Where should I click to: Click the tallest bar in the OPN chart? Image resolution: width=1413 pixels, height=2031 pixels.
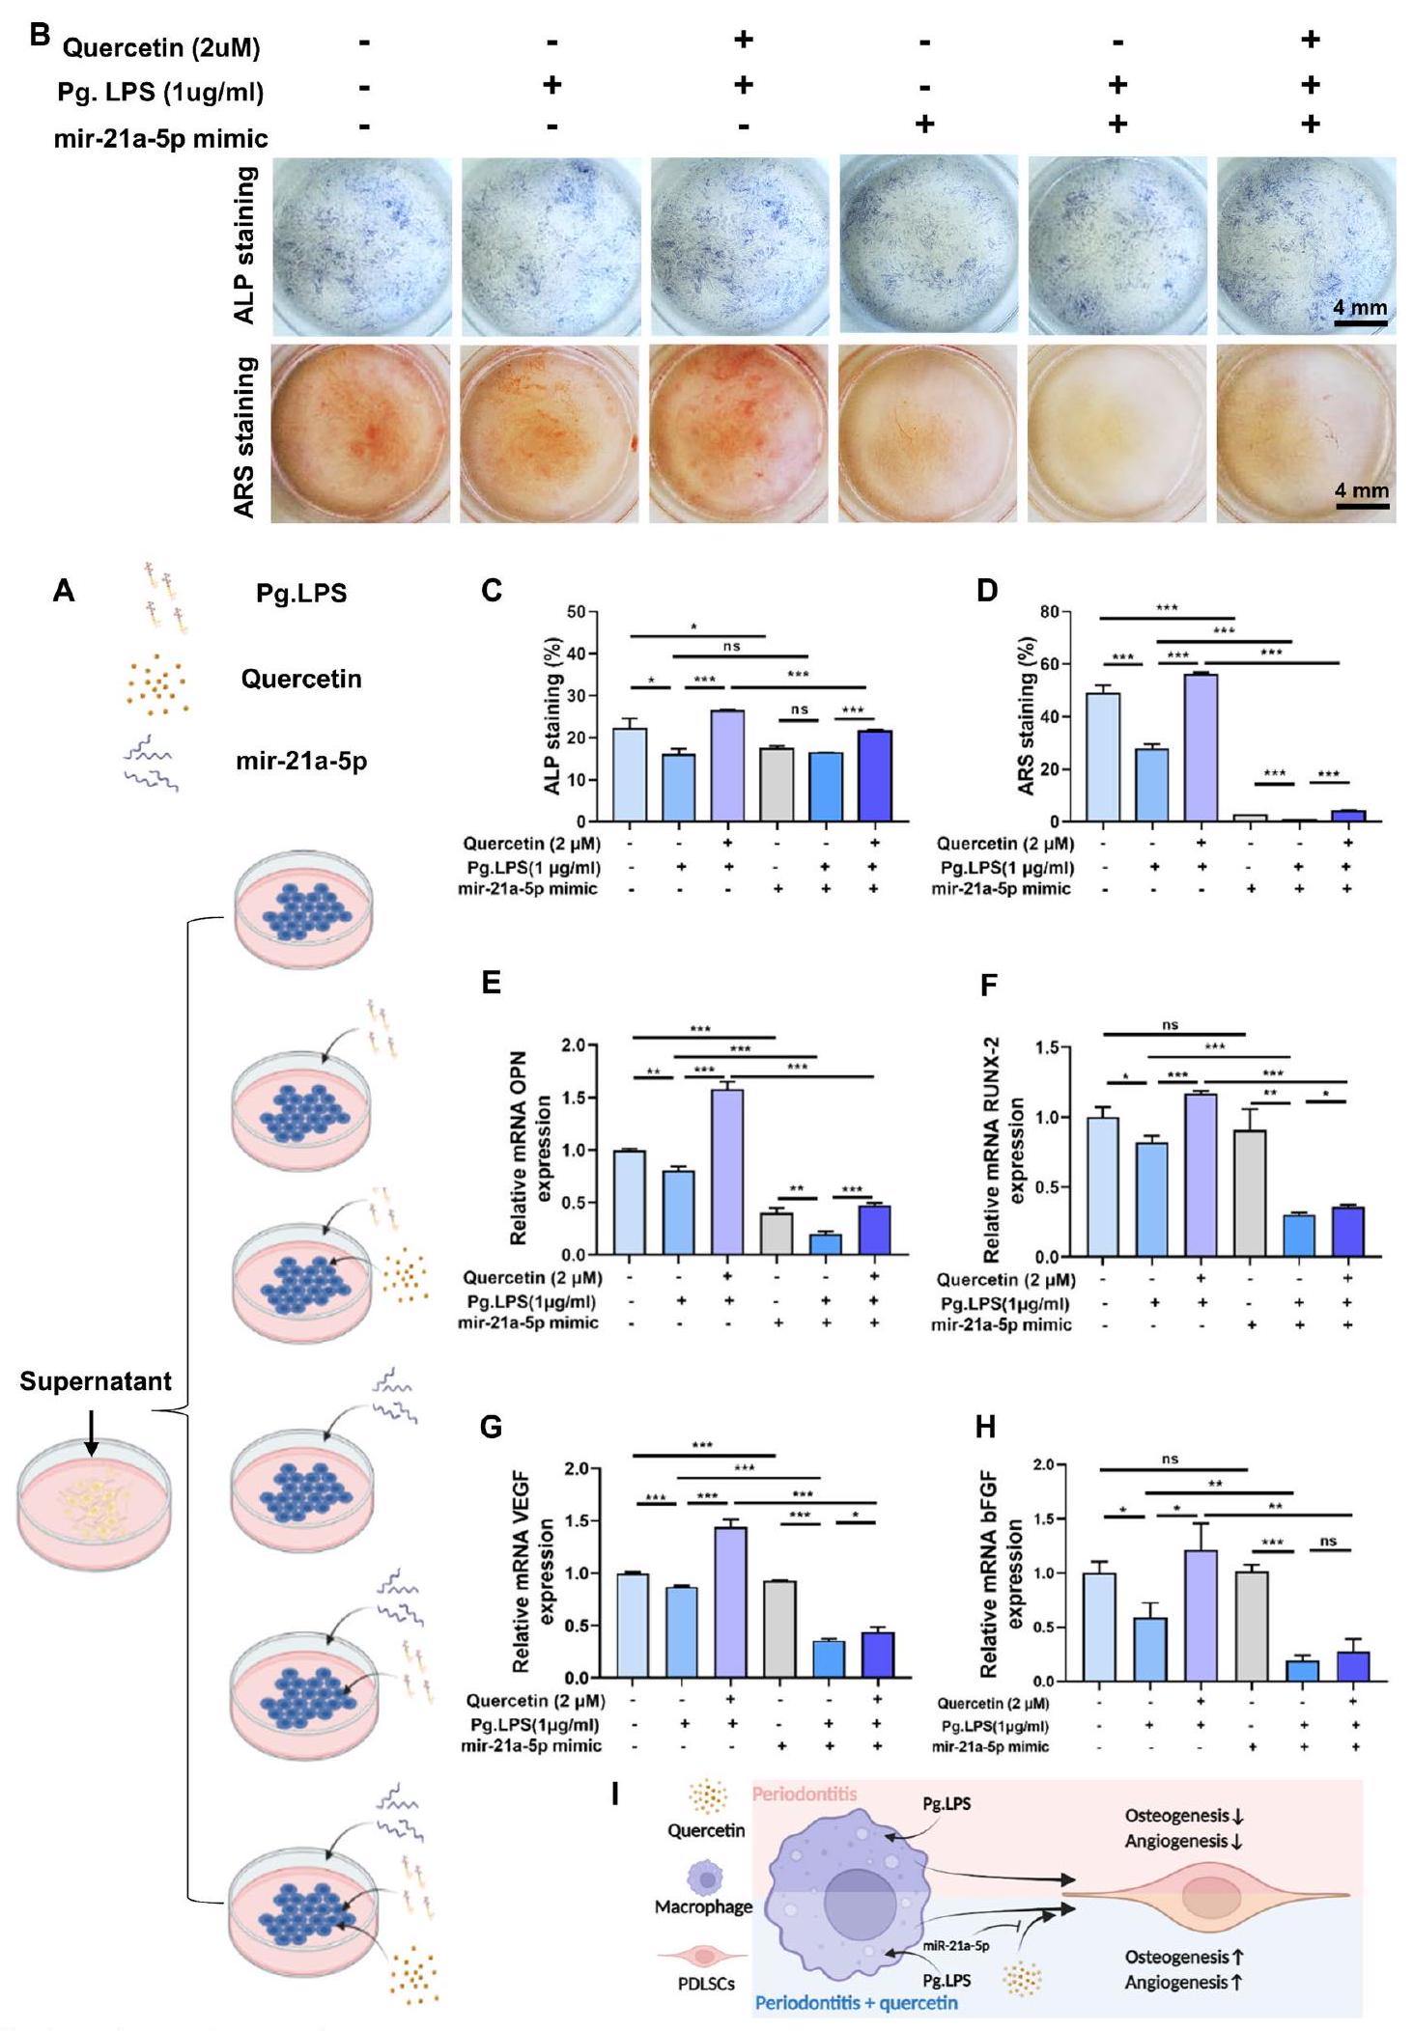pyautogui.click(x=727, y=1172)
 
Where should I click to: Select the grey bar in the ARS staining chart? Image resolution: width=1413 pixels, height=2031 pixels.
pyautogui.click(x=1250, y=818)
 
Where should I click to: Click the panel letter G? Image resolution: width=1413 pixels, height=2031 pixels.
pyautogui.click(x=491, y=1427)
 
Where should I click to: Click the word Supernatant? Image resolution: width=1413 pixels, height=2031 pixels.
pyautogui.click(x=96, y=1382)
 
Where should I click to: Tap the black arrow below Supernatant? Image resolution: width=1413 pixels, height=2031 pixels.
pyautogui.click(x=92, y=1433)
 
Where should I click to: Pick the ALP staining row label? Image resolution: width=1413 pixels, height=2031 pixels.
pyautogui.click(x=246, y=245)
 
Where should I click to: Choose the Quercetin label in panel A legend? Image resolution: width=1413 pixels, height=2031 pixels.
pyautogui.click(x=301, y=679)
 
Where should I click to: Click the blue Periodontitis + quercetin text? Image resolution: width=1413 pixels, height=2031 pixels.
pyautogui.click(x=856, y=2002)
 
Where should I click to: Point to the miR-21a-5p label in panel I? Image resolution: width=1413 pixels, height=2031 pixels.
pyautogui.click(x=955, y=1946)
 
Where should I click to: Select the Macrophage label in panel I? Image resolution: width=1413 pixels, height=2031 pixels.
pyautogui.click(x=703, y=1906)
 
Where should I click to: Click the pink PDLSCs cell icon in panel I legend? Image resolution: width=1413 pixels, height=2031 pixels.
pyautogui.click(x=705, y=1955)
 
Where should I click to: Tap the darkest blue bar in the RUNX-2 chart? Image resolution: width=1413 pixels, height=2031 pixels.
pyautogui.click(x=1347, y=1231)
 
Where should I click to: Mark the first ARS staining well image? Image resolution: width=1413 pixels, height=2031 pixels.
pyautogui.click(x=360, y=433)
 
